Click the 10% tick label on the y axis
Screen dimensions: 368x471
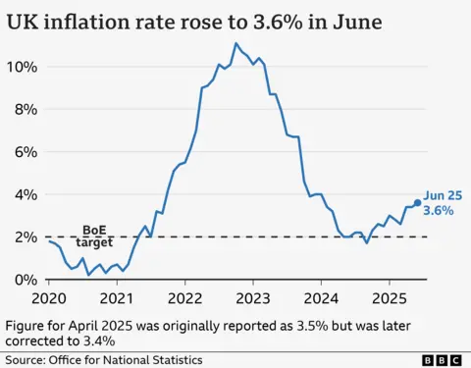(23, 67)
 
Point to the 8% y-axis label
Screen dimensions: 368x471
(26, 109)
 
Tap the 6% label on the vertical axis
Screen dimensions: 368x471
(26, 152)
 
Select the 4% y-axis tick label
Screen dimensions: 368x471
(26, 194)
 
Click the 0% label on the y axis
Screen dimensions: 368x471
(26, 280)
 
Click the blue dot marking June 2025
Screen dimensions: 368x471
(417, 203)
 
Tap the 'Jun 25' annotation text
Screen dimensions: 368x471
(441, 195)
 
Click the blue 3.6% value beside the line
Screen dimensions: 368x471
(440, 211)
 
